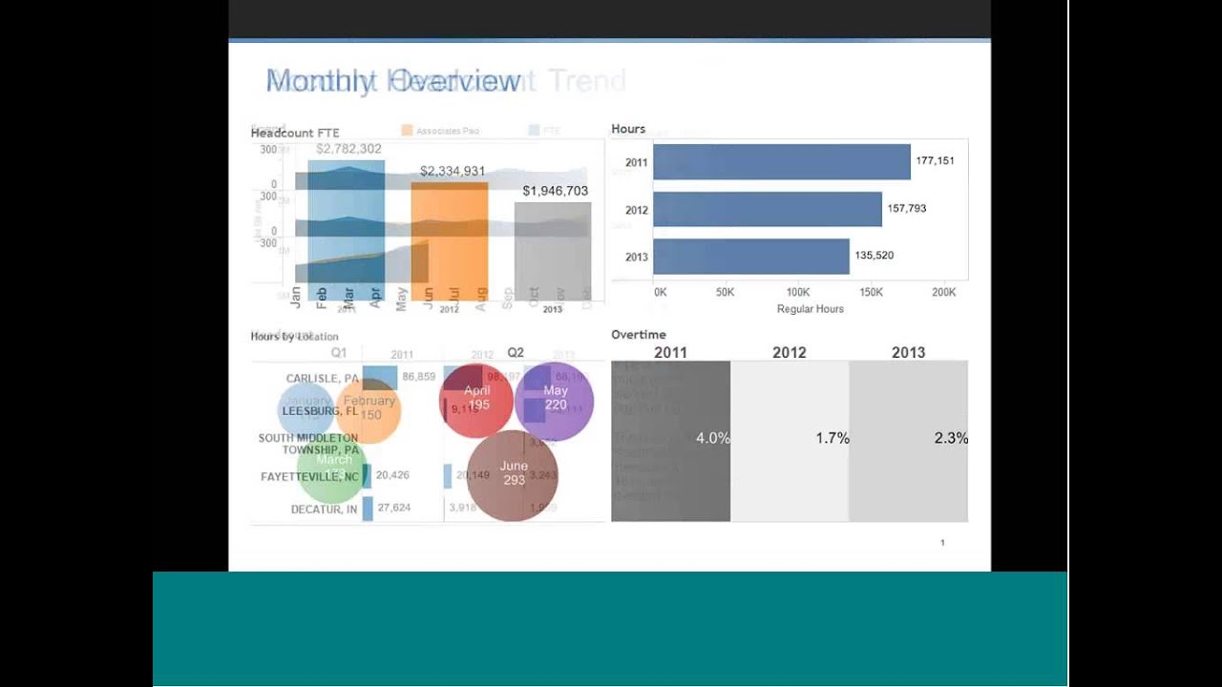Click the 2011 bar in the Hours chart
point(781,162)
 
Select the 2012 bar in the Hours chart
point(767,209)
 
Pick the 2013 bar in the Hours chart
point(750,257)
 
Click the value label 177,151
point(935,161)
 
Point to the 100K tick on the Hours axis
point(797,292)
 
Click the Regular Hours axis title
point(810,309)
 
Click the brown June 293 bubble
point(514,474)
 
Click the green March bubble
point(332,468)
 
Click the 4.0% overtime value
point(712,439)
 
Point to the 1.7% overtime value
point(832,439)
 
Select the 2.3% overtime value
point(951,439)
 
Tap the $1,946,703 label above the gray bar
point(555,191)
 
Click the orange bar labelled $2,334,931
point(450,239)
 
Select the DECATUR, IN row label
point(324,510)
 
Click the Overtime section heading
point(639,335)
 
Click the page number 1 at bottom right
point(942,543)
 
